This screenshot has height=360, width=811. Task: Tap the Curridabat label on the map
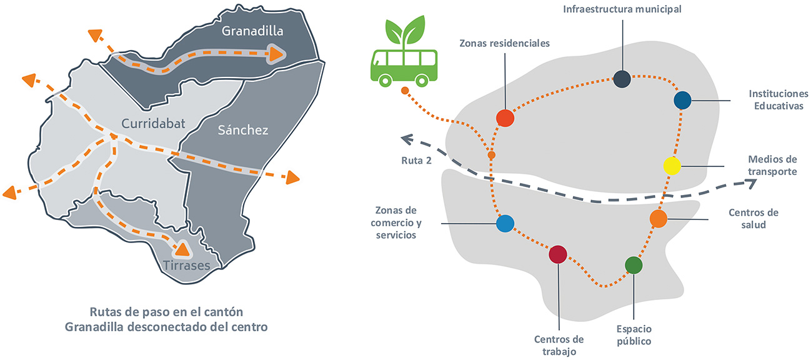click(x=153, y=124)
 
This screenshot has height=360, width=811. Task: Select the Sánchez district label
click(x=243, y=130)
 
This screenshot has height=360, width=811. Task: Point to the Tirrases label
click(x=186, y=266)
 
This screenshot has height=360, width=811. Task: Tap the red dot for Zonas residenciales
click(x=505, y=117)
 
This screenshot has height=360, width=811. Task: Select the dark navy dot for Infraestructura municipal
click(x=622, y=79)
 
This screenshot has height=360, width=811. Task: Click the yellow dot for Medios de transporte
click(x=672, y=166)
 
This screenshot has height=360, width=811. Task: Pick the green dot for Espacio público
click(x=634, y=265)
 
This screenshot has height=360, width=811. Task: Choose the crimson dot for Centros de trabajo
click(x=557, y=254)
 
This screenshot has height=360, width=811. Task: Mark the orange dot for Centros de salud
click(x=658, y=219)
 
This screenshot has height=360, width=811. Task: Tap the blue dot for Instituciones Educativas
click(x=682, y=99)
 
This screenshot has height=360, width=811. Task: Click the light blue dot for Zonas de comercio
click(x=505, y=223)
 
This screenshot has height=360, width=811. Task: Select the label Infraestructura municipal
click(x=622, y=9)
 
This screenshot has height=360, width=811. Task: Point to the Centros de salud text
click(x=754, y=219)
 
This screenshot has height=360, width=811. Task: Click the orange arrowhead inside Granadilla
click(x=275, y=55)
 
